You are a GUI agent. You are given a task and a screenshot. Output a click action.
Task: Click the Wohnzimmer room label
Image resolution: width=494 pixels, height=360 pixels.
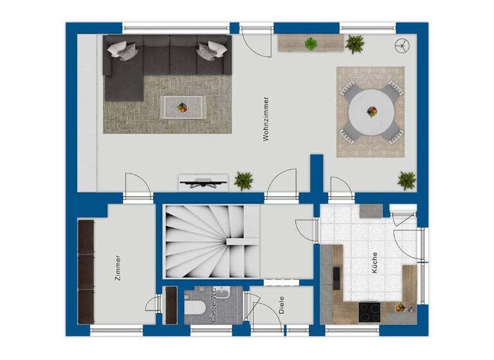[266, 119]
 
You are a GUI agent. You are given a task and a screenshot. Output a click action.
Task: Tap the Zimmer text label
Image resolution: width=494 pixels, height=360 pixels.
[118, 267]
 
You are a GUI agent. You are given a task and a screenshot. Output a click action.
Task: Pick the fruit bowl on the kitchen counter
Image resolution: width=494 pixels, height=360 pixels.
[400, 307]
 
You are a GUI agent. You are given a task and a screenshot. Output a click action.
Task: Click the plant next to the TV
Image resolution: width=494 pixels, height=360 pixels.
[243, 180]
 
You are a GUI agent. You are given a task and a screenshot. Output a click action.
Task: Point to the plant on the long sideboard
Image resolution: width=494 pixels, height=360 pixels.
[311, 44]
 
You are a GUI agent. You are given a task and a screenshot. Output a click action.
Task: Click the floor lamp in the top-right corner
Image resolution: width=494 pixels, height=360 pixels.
[402, 46]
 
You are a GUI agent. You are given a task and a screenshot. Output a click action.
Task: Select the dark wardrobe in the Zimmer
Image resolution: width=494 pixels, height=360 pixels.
[86, 273]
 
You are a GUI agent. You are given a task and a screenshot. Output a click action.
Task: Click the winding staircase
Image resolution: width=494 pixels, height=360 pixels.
[211, 243]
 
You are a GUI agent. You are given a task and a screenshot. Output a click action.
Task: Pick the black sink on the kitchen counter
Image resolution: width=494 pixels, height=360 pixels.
[336, 274]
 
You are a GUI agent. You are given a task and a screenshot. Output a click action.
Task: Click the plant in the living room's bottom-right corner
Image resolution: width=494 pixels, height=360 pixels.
[407, 180]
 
